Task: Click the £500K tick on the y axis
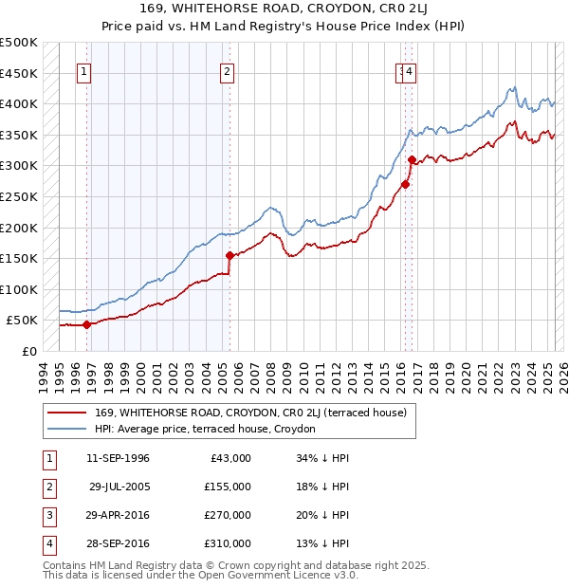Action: tap(19, 43)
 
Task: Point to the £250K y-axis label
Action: tap(19, 196)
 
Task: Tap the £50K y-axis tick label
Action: tap(22, 320)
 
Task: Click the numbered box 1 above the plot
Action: tap(85, 69)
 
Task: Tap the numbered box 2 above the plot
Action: tap(229, 69)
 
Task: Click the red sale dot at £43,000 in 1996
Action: tap(86, 324)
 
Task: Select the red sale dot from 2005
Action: tap(229, 255)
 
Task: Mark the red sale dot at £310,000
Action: tap(411, 160)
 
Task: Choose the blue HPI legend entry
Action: tap(210, 429)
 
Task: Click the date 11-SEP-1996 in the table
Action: tap(118, 458)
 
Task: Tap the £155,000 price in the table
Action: tap(227, 487)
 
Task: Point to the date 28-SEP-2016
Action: tap(118, 543)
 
